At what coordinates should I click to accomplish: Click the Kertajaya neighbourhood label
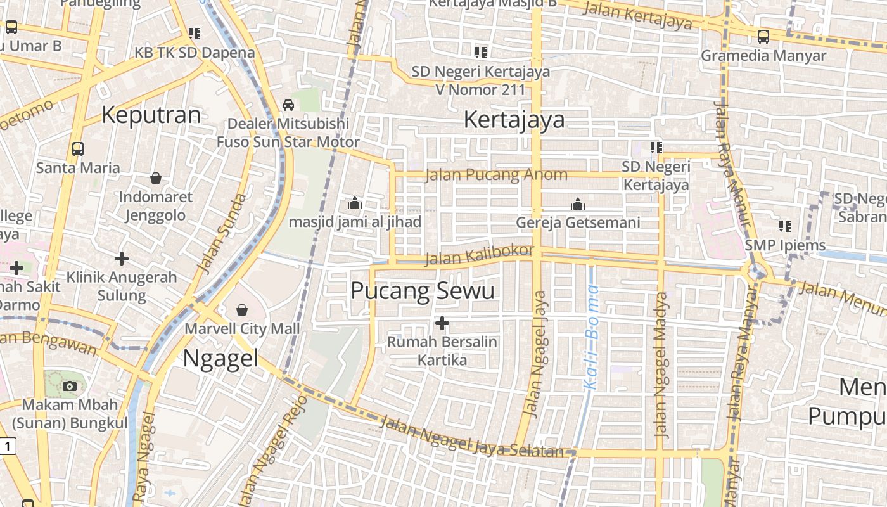pos(514,119)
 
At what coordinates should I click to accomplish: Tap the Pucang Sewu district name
pos(422,291)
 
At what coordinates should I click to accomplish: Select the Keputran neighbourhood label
pos(151,115)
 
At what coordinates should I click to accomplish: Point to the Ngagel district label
pos(220,359)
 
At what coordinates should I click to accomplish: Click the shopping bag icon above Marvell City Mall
pos(241,310)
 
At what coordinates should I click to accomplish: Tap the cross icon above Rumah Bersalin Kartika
pos(442,324)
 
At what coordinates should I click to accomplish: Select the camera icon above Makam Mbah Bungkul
pos(70,386)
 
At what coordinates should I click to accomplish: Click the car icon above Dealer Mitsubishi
pos(288,105)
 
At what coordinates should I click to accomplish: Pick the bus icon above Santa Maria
pos(78,149)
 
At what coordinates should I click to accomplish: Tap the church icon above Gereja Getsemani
pos(577,204)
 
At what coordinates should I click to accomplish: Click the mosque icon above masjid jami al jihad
pos(354,203)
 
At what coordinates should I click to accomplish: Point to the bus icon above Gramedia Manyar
pos(763,37)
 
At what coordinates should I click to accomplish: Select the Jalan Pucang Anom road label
pos(496,175)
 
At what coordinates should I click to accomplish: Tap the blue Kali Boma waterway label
pos(591,337)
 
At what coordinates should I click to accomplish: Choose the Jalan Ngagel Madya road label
pos(661,364)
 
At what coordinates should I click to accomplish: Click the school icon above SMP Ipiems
pos(785,226)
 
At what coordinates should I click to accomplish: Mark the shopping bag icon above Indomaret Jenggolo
pos(155,179)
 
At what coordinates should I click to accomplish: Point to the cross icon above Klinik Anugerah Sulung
pos(121,259)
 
